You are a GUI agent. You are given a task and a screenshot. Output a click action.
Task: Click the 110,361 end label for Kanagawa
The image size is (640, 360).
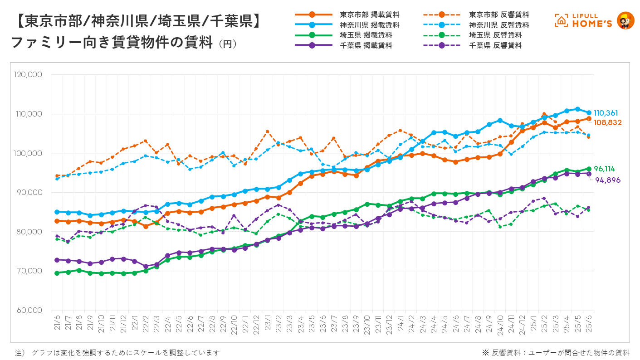click(606, 113)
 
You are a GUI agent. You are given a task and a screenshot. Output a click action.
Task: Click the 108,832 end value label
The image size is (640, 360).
click(608, 122)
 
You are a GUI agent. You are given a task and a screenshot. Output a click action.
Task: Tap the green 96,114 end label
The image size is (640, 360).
click(604, 169)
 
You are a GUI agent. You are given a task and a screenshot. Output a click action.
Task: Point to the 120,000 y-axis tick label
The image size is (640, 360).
click(29, 74)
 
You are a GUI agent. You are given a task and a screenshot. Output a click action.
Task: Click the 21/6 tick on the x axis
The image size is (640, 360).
click(57, 324)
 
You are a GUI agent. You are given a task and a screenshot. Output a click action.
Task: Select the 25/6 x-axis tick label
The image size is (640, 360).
click(589, 324)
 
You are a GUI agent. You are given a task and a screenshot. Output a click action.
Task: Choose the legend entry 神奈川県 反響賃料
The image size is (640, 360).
click(499, 25)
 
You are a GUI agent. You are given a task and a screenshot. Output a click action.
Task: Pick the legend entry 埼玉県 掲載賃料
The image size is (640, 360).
click(366, 35)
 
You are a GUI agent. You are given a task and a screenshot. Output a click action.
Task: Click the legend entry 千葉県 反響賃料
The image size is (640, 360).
click(495, 45)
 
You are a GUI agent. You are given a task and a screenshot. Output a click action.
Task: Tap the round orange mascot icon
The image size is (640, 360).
click(626, 21)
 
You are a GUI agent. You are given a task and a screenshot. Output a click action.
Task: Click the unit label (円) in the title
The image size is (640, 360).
click(227, 44)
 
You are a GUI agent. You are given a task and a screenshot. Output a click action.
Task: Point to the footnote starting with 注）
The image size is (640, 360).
click(118, 352)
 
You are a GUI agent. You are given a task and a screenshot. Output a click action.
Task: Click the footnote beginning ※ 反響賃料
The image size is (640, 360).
click(555, 352)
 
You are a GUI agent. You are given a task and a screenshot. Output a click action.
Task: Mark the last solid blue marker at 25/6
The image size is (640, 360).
click(589, 112)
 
